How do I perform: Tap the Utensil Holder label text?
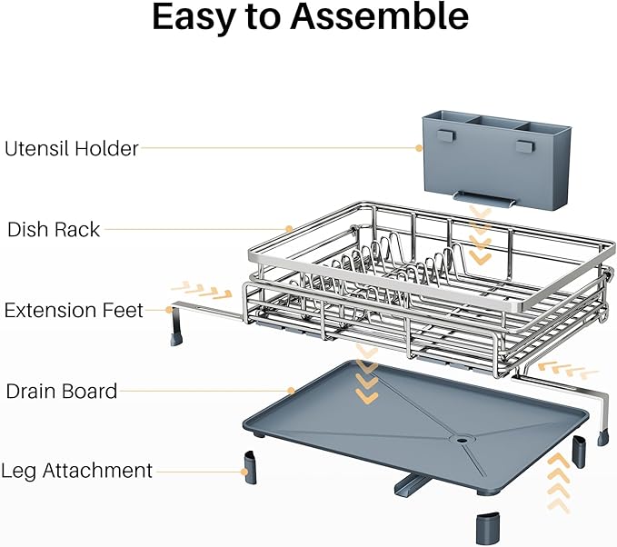point(72,148)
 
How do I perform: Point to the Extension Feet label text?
point(74,311)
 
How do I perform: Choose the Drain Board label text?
point(62,392)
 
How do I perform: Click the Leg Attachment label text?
point(76,471)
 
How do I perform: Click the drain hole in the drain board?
point(464,439)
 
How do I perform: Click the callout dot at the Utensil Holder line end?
point(418,148)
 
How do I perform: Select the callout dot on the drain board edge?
point(290,392)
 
